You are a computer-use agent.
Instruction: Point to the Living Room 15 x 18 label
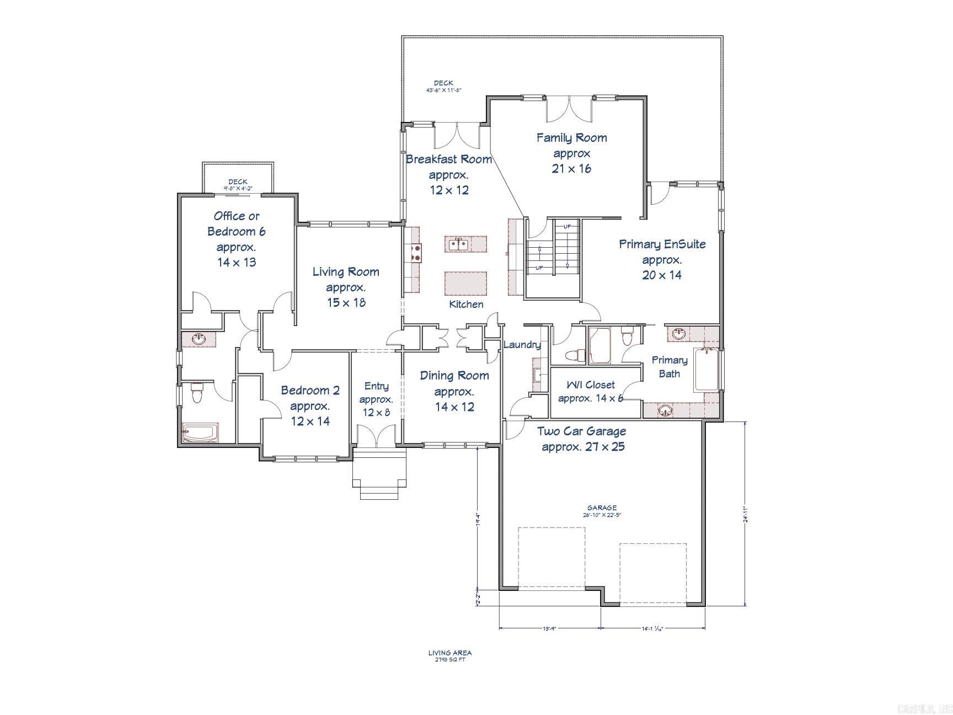[346, 287]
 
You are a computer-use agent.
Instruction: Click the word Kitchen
[466, 304]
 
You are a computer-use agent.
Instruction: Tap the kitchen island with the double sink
[465, 244]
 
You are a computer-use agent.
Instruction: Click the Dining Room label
[454, 391]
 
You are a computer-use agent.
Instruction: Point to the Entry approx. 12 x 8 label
[376, 399]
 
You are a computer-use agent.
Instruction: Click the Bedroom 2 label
[310, 405]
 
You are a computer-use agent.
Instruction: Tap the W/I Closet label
[590, 391]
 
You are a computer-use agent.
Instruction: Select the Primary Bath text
[670, 367]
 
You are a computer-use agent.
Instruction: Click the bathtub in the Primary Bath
[706, 370]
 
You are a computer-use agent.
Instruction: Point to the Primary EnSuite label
[662, 259]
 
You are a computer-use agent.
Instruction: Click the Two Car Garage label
[582, 439]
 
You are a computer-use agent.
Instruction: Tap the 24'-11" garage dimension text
[745, 516]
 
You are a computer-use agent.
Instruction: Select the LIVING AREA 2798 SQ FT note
[450, 656]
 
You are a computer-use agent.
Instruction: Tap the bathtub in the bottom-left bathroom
[201, 433]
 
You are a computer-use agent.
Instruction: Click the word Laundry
[522, 345]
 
